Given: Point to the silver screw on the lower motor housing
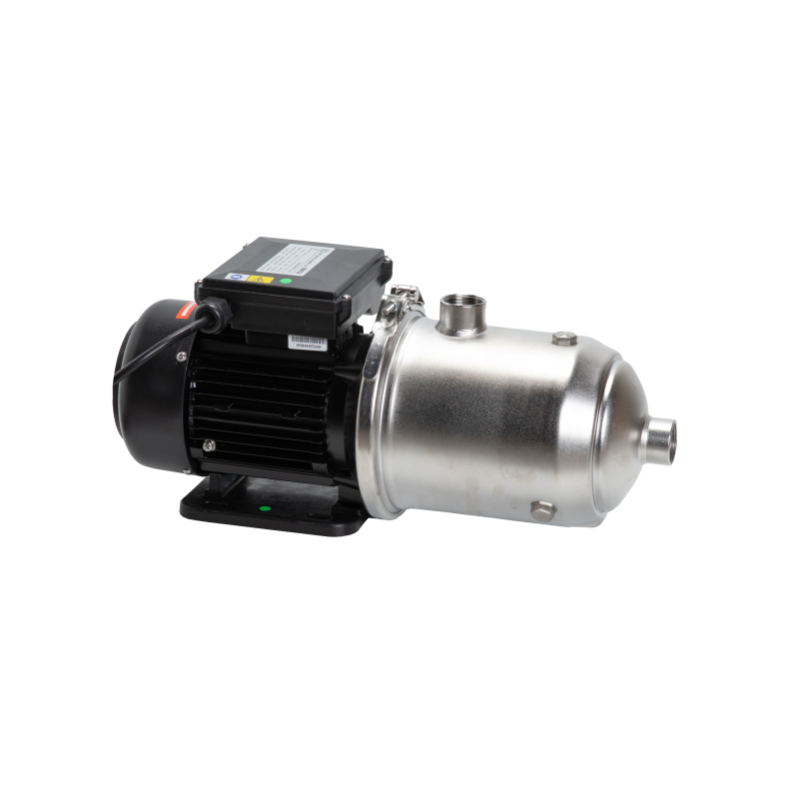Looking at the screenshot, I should (208, 446).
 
